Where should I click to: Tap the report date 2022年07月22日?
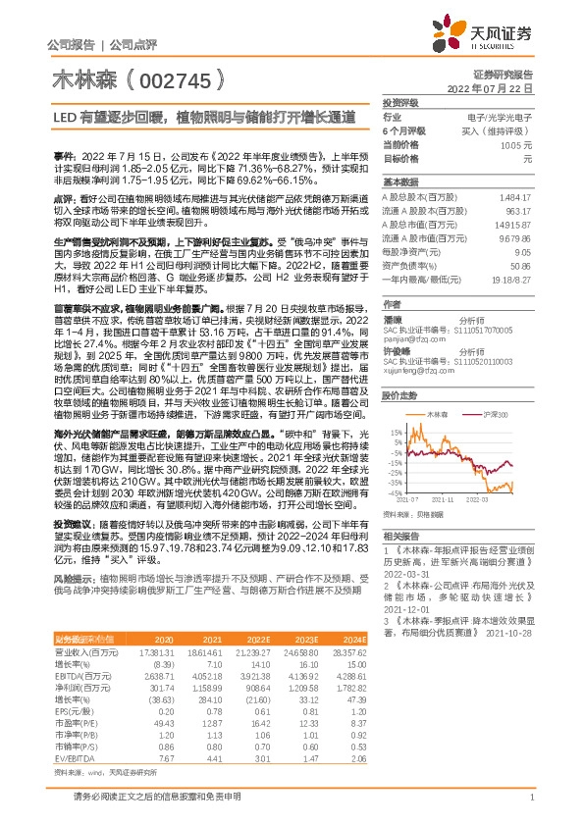click(497, 88)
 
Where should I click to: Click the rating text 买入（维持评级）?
click(501, 130)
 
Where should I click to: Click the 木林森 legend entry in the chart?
click(436, 387)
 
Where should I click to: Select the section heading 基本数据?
click(400, 182)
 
